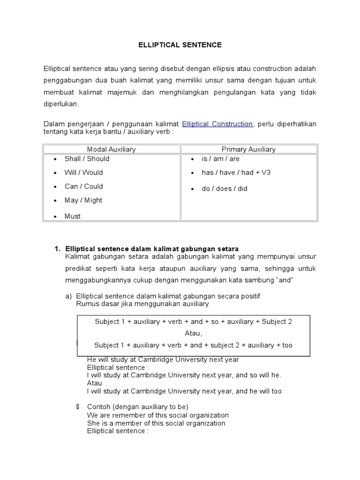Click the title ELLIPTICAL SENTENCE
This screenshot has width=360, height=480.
click(180, 45)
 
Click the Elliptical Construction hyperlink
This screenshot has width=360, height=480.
click(217, 124)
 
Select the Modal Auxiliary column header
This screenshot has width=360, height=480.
click(112, 149)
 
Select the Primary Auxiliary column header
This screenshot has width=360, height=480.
click(248, 149)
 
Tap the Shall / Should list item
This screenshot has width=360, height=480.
click(87, 158)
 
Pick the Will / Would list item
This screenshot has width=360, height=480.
click(83, 172)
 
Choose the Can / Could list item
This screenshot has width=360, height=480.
click(83, 186)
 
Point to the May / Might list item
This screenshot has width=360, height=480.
click(83, 200)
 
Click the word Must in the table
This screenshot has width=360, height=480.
click(73, 216)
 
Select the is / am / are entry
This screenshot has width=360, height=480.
click(220, 159)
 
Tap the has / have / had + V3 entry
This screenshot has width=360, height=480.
click(236, 172)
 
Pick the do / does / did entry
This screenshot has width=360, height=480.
click(224, 188)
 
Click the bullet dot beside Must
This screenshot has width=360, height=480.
click(55, 217)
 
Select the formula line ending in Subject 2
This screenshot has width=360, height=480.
click(193, 322)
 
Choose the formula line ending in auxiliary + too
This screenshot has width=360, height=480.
click(193, 345)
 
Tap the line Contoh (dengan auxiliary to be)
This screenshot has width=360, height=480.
click(137, 406)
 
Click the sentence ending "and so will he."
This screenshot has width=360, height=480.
click(184, 375)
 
